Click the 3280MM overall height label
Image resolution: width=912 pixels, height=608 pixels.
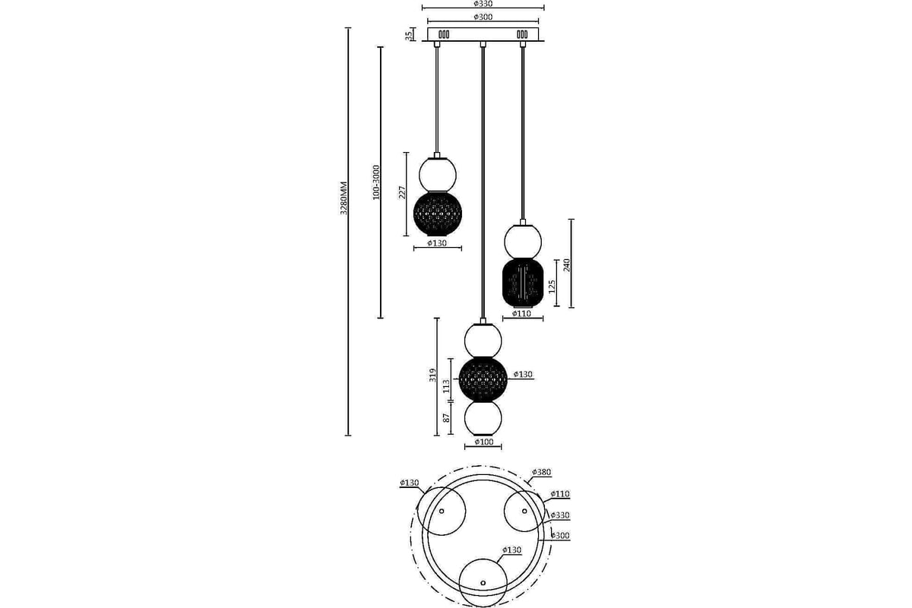click(344, 198)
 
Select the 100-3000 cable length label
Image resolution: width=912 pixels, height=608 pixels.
click(376, 182)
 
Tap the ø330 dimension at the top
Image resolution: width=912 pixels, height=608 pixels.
click(483, 4)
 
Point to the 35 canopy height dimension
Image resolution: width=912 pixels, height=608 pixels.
click(408, 35)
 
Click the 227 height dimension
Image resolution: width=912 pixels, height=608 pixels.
click(402, 192)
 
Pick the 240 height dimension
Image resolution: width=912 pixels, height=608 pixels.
click(567, 264)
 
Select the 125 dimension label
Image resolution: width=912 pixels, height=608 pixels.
click(552, 287)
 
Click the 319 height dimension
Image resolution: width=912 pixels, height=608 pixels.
click(432, 375)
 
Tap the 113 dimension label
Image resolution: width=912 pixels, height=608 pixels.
click(447, 385)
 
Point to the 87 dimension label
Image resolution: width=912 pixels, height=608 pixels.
click(447, 418)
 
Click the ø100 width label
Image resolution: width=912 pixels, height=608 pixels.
click(483, 442)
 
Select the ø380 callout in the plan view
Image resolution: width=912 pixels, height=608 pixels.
click(541, 473)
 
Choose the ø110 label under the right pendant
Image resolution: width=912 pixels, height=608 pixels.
click(521, 314)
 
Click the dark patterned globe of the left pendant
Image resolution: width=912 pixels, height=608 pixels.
click(438, 214)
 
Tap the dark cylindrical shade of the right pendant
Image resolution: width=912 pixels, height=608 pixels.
click(523, 282)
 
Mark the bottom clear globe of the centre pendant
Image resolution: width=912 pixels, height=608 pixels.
click(483, 418)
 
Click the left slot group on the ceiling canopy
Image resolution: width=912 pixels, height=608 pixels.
click(444, 35)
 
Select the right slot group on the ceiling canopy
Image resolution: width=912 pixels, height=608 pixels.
click(522, 35)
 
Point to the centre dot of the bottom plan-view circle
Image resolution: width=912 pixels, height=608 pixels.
click(483, 583)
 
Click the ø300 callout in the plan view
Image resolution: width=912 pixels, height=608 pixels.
click(560, 536)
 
